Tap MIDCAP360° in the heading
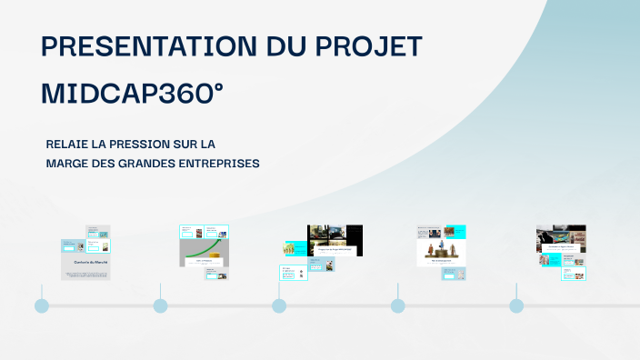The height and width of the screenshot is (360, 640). pyautogui.click(x=133, y=95)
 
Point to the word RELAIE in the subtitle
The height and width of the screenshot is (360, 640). pyautogui.click(x=68, y=145)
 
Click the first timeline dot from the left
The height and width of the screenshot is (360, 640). pyautogui.click(x=41, y=305)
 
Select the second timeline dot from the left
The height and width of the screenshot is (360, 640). pyautogui.click(x=160, y=305)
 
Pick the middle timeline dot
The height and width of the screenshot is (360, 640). pyautogui.click(x=279, y=305)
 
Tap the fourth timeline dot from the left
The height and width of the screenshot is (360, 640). pyautogui.click(x=397, y=305)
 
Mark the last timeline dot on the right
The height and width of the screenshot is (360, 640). pyautogui.click(x=516, y=305)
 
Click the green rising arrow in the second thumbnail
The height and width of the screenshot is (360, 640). pyautogui.click(x=205, y=247)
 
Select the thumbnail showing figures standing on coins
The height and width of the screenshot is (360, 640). pyautogui.click(x=442, y=245)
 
